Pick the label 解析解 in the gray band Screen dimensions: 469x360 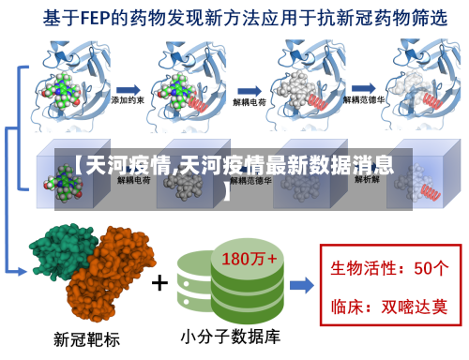click(367, 179)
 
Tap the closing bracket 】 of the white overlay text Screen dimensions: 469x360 click(228, 196)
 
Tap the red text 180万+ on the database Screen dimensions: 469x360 click(249, 257)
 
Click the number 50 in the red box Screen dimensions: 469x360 click(423, 267)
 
